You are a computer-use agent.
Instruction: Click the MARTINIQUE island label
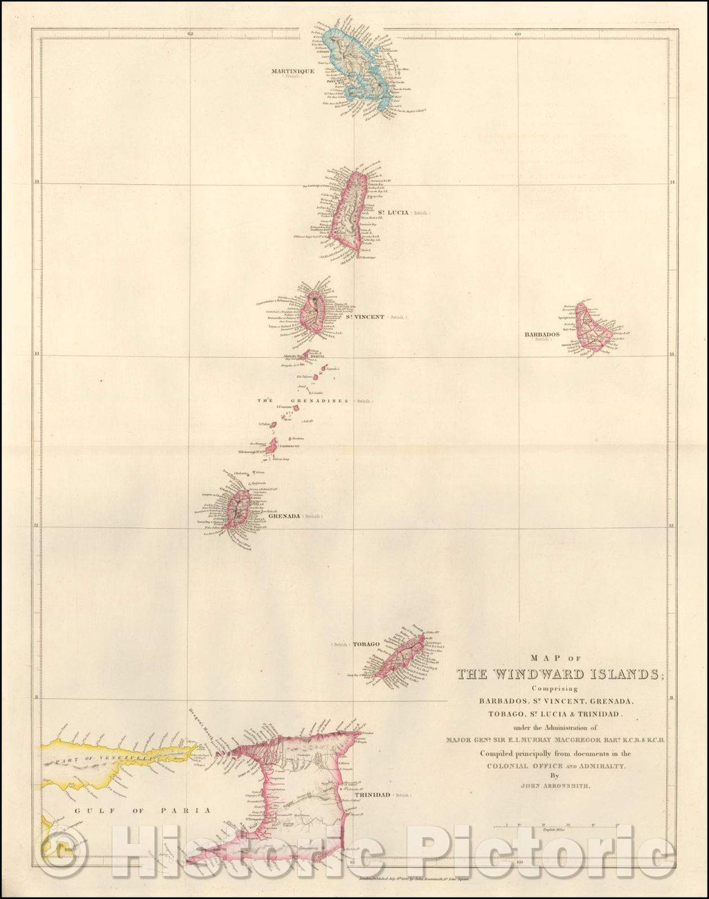tap(293, 71)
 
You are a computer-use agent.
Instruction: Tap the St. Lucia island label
tap(393, 213)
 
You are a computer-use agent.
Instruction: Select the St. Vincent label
tap(365, 317)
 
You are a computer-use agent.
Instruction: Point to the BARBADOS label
tap(542, 334)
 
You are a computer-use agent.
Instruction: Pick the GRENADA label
tap(284, 516)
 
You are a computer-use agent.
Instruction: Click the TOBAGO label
tap(366, 644)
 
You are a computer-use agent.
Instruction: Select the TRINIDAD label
tap(372, 795)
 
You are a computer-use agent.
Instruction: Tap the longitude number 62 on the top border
tap(190, 33)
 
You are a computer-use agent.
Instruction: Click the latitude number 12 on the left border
tap(37, 525)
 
